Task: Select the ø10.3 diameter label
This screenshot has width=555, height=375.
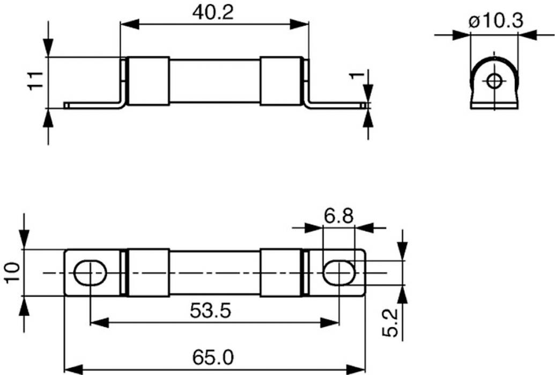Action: click(x=495, y=21)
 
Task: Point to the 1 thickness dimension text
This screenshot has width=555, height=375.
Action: click(x=352, y=76)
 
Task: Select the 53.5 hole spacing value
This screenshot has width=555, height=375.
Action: click(x=214, y=311)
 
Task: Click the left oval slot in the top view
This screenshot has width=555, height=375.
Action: click(x=90, y=273)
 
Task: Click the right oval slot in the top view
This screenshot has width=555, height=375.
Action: click(x=339, y=273)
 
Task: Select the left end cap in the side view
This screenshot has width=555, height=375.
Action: click(x=149, y=81)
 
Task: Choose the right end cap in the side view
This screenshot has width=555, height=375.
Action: click(x=280, y=81)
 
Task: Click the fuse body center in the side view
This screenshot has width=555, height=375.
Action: click(x=214, y=81)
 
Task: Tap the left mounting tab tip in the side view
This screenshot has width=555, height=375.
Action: click(x=67, y=105)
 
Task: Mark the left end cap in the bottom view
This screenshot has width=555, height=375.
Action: click(x=149, y=272)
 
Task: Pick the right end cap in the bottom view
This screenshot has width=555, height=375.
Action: click(x=280, y=272)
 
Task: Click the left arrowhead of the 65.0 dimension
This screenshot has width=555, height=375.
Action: click(x=72, y=369)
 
